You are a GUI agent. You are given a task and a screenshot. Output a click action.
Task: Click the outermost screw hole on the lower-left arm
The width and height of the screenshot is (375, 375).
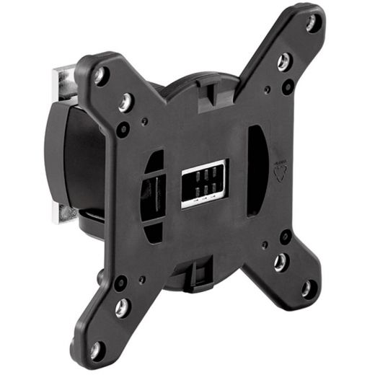tap(95, 349)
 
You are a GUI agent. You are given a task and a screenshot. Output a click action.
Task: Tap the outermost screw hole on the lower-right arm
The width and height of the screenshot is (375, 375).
tap(308, 288)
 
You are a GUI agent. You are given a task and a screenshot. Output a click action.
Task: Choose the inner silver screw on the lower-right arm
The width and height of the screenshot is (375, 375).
tap(281, 262)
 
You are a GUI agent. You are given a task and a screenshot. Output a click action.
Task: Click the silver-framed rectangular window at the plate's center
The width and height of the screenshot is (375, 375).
tap(205, 184)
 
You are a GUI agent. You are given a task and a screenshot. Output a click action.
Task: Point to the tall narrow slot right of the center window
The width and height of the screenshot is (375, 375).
tap(255, 170)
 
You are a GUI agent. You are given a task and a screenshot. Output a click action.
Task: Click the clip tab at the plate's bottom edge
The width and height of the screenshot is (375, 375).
tap(196, 271)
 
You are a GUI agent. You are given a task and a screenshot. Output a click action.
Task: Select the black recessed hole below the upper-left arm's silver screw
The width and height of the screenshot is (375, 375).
tap(124, 131)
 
